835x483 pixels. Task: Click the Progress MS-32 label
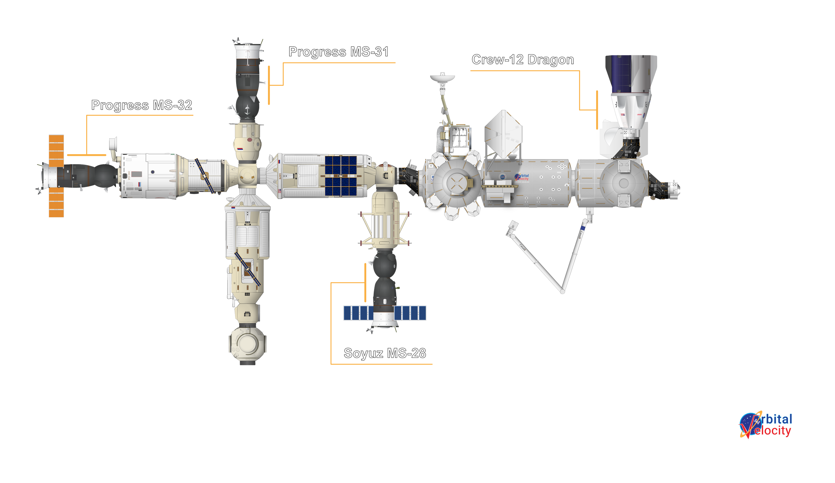pos(142,105)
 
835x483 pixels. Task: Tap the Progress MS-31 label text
pos(338,52)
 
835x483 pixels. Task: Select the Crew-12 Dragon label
pos(523,60)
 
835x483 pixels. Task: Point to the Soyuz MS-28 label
pos(385,353)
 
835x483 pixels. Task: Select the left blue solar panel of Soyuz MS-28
pos(358,313)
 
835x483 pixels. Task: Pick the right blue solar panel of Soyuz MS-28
pos(410,313)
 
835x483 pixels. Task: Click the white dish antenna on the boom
pos(442,78)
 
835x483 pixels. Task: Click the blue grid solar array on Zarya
pos(341,176)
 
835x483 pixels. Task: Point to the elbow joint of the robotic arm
pos(562,291)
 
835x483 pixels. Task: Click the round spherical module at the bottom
pos(247,344)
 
